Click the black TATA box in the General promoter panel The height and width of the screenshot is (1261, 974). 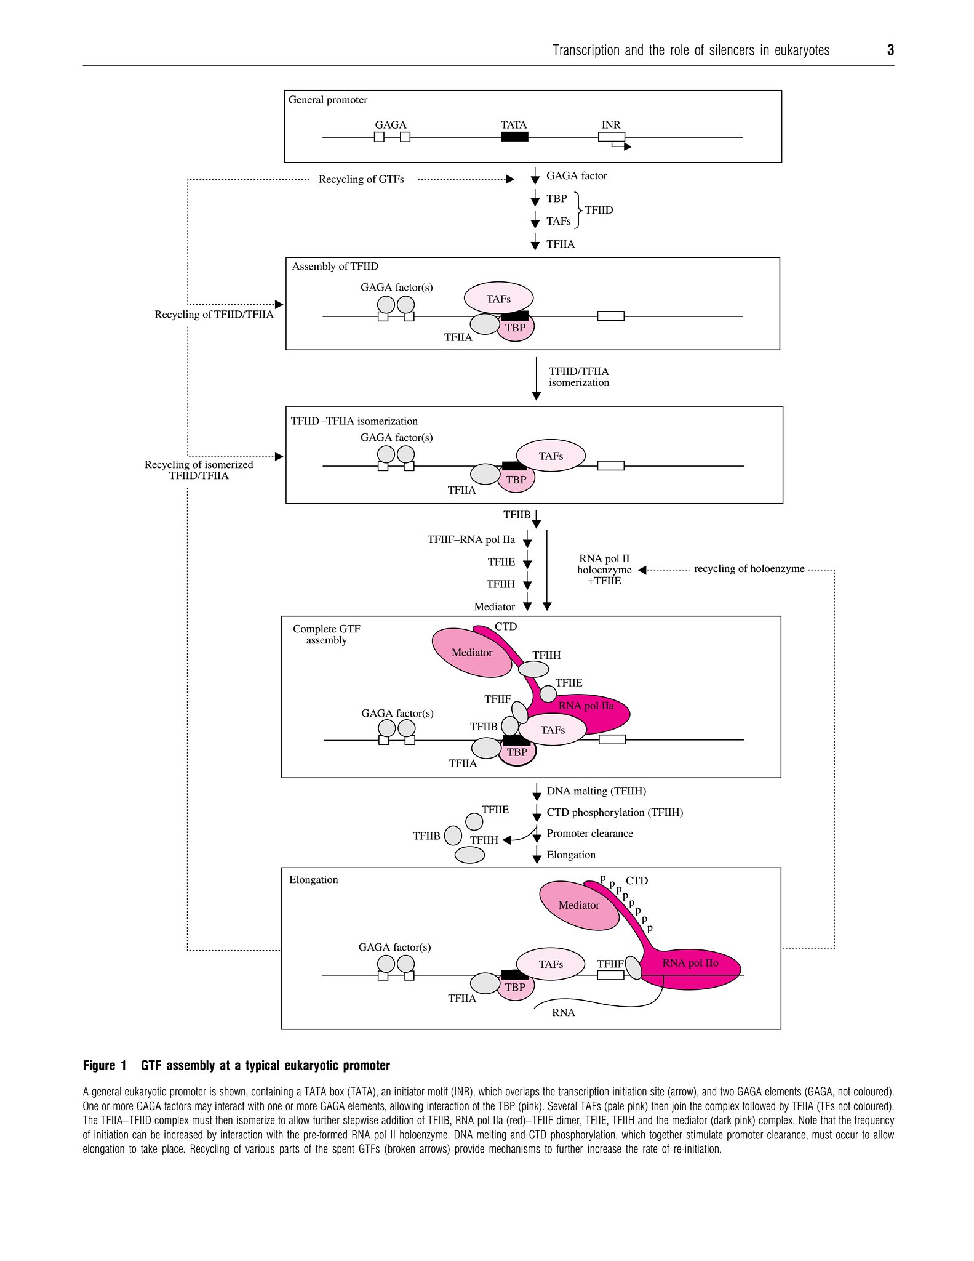point(514,137)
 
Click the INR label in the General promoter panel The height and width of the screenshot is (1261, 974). point(610,125)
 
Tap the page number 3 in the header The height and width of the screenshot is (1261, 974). point(890,50)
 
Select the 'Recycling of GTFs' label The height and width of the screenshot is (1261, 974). point(361,179)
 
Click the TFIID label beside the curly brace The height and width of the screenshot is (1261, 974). point(599,210)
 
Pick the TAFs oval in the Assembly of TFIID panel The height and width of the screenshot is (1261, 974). point(498,299)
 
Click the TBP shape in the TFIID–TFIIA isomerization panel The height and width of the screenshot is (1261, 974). point(516,480)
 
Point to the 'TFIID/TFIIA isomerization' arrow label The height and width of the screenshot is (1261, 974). point(579,377)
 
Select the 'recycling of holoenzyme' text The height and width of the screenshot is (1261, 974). point(749,569)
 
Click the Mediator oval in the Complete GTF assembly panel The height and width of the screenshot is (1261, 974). point(472,653)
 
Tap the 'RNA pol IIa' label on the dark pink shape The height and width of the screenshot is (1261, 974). point(586,706)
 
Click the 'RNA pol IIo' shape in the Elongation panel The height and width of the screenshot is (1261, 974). point(690,964)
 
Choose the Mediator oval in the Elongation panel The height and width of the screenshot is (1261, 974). point(578,905)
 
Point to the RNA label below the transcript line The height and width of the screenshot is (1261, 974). point(563,1012)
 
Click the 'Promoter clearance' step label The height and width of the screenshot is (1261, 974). point(589,834)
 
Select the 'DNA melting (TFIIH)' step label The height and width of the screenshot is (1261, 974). point(596,791)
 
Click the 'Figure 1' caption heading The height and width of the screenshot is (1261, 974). point(105,1066)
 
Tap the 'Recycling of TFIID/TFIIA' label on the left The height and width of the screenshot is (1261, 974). point(214,315)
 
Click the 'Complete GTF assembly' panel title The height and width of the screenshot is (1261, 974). point(326,634)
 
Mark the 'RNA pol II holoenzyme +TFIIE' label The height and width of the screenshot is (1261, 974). point(604,570)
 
